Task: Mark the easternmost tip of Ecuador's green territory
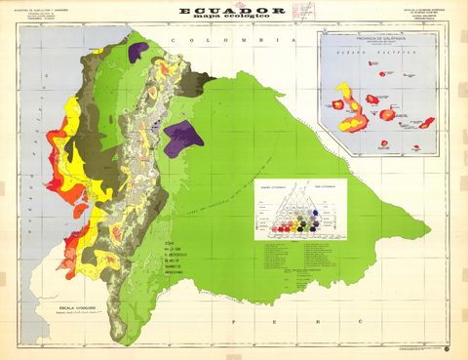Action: tap(430, 232)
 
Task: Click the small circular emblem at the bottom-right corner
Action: tap(447, 348)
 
